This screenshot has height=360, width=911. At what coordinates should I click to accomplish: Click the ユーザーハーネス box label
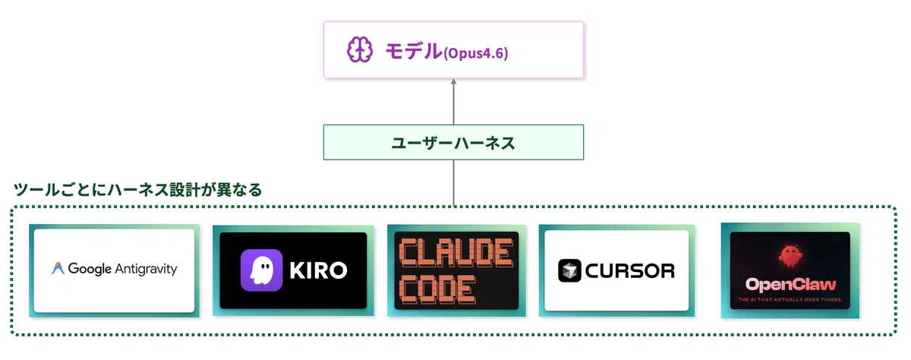[453, 142]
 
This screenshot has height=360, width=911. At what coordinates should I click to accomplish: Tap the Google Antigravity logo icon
[58, 269]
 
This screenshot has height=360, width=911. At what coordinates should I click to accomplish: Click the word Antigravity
[146, 269]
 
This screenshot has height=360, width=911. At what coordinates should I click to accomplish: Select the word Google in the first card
[90, 269]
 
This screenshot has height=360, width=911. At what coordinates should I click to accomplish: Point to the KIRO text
[319, 270]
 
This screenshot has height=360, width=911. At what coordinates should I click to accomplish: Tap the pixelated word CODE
[437, 289]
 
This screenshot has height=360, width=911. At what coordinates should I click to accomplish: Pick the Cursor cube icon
[569, 270]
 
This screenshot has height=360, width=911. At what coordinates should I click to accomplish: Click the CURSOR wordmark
[629, 270]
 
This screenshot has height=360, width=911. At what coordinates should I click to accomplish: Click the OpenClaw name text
[790, 286]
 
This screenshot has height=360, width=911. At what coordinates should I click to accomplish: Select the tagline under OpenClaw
[790, 300]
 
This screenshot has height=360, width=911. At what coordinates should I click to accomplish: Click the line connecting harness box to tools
[453, 182]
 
